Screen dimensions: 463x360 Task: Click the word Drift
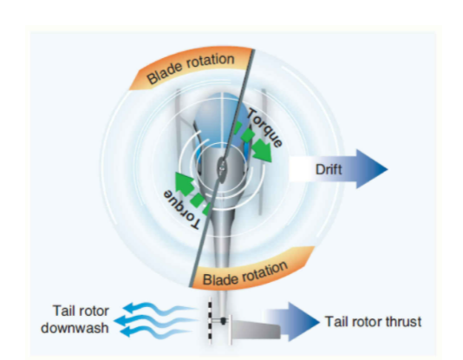[329, 169]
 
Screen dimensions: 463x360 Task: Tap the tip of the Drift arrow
[388, 169]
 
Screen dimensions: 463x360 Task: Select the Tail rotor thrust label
[373, 321]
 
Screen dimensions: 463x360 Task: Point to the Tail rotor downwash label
[75, 319]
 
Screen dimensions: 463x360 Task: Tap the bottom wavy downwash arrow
[155, 332]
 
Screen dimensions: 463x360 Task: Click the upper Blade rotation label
[191, 69]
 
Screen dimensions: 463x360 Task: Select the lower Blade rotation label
[245, 274]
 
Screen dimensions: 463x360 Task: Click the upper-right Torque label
[264, 128]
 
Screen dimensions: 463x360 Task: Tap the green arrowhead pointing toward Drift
[262, 150]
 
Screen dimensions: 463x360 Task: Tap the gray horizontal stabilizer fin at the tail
[256, 330]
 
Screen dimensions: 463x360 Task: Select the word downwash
[75, 328]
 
